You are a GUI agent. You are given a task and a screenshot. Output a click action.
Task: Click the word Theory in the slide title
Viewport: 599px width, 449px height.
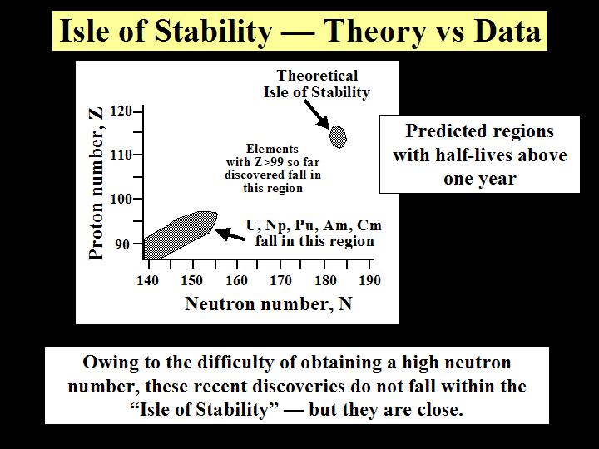374,32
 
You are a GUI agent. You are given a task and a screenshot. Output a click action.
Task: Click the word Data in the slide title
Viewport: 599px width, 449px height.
507,31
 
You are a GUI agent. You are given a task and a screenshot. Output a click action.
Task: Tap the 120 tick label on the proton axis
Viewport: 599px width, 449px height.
121,111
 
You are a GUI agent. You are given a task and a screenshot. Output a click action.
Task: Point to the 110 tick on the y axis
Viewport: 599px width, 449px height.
121,155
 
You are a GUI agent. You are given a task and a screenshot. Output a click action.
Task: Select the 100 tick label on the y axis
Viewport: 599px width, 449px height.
121,199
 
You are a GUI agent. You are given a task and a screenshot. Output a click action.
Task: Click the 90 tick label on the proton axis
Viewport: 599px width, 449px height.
122,244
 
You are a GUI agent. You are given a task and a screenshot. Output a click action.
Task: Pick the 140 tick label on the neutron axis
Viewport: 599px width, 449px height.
147,281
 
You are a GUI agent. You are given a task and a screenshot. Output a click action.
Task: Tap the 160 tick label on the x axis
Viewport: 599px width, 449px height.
237,281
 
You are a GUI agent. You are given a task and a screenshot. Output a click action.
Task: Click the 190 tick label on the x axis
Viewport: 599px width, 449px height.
369,281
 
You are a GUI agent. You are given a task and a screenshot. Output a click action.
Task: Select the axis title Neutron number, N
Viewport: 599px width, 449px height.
268,304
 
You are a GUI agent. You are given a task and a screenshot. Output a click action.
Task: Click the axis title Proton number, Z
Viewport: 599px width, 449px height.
96,182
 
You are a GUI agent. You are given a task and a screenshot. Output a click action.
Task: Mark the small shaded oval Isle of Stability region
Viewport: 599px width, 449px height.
338,136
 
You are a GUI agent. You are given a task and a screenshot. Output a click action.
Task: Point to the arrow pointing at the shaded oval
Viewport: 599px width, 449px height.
317,114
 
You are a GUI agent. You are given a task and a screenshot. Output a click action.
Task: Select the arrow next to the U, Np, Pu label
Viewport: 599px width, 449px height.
230,234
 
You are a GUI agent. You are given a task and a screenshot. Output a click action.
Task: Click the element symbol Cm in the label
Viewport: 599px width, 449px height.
369,225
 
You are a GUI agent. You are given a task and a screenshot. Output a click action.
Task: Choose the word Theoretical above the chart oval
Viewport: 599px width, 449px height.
318,76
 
